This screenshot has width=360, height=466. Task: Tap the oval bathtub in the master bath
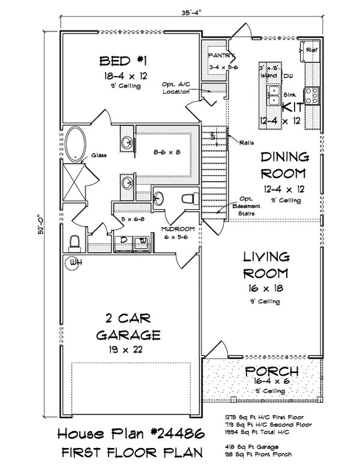click(76, 145)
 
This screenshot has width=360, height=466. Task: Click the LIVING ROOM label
click(266, 266)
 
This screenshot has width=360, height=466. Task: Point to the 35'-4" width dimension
click(191, 11)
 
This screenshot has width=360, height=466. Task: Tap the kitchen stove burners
click(312, 93)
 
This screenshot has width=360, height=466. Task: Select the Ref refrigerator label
click(311, 51)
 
